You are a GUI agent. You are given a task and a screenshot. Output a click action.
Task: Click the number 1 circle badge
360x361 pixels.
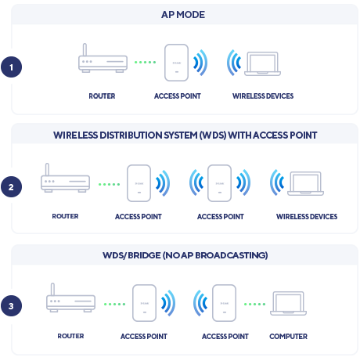coord(11,67)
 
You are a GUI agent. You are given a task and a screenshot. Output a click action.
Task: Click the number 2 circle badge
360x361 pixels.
coord(11,187)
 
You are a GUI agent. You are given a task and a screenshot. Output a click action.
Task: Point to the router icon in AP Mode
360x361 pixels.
coord(104,60)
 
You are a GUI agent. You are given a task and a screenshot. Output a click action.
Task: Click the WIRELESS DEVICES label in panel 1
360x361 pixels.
coord(263,96)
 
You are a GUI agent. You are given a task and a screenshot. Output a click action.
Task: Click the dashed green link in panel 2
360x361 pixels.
coord(109,185)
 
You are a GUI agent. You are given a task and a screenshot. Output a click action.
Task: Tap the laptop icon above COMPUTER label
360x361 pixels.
coord(290,303)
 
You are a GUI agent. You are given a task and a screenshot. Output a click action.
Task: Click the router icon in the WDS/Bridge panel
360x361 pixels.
coord(70,301)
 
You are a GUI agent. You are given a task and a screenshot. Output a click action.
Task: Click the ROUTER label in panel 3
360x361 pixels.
coord(70,336)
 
